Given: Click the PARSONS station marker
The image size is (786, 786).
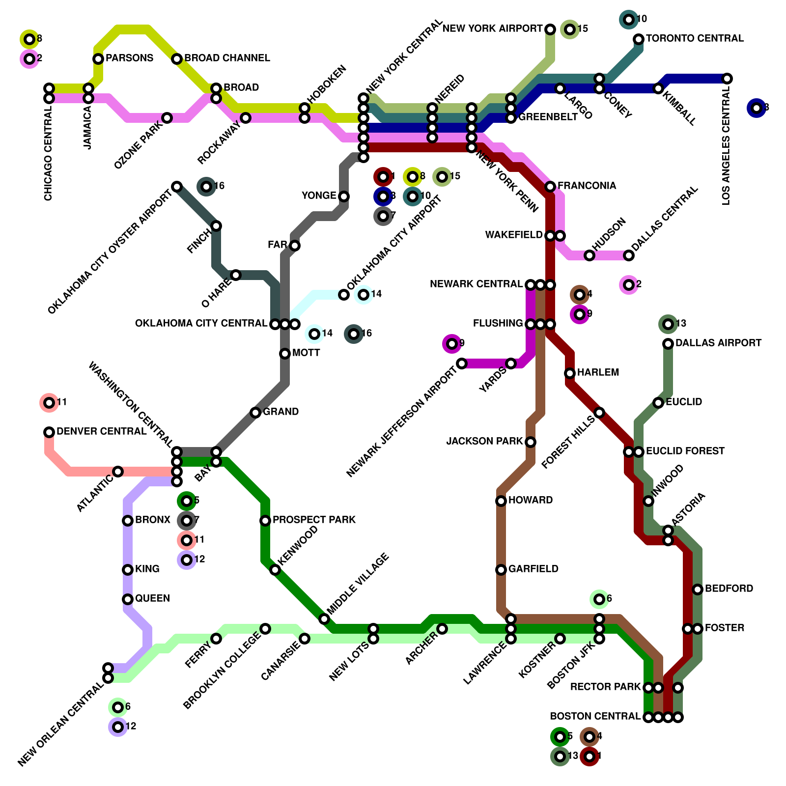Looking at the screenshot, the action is (98, 59).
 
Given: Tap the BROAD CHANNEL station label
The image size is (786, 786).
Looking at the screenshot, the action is (227, 58).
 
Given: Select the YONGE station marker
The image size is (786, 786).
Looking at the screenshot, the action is (344, 196).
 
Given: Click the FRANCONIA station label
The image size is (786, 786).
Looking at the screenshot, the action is (587, 186).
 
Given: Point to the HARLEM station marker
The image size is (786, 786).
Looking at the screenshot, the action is (570, 373).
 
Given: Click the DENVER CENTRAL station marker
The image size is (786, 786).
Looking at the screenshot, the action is (49, 432).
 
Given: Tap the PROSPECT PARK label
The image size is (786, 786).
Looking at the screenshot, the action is (314, 520).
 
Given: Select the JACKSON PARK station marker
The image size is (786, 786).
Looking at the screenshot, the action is (531, 442).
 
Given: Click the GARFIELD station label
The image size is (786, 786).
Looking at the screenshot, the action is (533, 569).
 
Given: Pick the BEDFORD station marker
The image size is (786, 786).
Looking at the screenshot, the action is (698, 589).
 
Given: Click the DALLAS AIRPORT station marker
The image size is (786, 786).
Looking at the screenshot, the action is (668, 344).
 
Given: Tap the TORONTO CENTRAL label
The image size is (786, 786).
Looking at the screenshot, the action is (695, 38).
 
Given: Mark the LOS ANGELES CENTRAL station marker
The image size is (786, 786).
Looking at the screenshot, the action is (727, 79).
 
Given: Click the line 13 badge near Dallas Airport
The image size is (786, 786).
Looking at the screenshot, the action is (668, 324).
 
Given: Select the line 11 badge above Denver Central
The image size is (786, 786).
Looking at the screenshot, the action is (49, 403).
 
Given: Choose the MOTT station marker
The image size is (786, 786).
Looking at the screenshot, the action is (285, 354).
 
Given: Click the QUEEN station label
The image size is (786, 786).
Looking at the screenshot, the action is (152, 598).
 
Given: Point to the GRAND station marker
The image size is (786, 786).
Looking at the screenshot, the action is (255, 413).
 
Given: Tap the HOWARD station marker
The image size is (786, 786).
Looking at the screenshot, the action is (501, 501).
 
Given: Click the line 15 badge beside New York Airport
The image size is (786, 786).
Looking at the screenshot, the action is (570, 29).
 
